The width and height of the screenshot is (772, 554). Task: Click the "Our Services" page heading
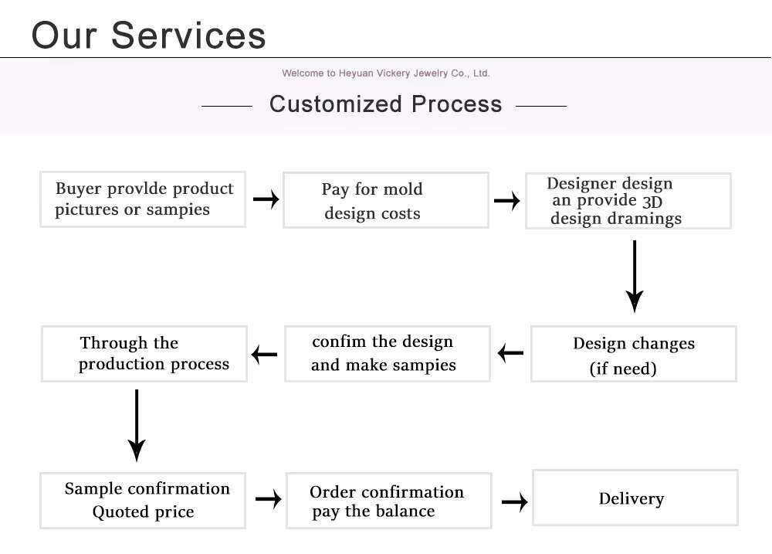(148, 35)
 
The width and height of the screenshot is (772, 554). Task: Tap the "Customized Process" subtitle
(385, 104)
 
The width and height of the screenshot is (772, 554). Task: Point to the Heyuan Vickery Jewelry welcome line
(385, 73)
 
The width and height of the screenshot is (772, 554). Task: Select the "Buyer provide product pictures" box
(143, 199)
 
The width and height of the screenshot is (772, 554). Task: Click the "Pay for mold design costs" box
(385, 200)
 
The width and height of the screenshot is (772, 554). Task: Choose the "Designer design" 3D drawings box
(628, 201)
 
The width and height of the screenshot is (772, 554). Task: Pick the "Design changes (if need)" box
(633, 354)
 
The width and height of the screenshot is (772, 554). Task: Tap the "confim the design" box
(387, 353)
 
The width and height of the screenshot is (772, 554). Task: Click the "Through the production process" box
(144, 353)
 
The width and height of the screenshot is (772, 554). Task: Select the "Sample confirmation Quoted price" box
(143, 500)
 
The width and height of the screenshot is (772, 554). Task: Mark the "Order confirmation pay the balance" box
(388, 501)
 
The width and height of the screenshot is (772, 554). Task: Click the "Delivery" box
(635, 498)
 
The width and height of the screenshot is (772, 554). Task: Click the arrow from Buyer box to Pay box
(266, 199)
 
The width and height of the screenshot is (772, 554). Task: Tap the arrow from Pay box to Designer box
(506, 201)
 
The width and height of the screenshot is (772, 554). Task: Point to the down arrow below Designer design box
(634, 276)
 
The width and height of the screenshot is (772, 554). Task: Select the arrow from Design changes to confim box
(510, 354)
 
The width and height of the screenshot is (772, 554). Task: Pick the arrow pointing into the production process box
(265, 355)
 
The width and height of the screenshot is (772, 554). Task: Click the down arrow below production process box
(137, 425)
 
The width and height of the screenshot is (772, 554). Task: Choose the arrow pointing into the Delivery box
(514, 502)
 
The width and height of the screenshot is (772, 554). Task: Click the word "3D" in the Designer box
(652, 202)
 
